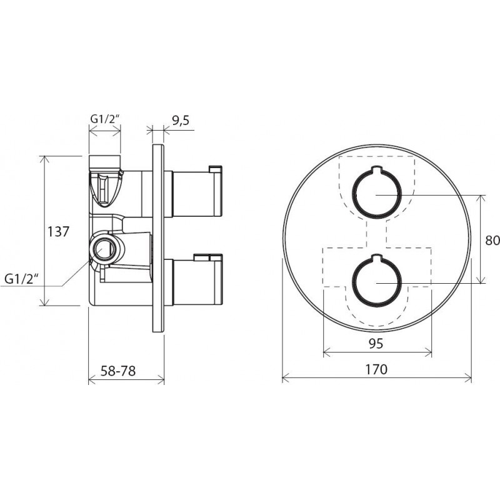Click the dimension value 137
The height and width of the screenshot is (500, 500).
click(58, 231)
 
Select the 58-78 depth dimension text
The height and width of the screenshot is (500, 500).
click(118, 371)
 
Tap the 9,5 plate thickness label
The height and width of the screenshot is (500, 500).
click(181, 121)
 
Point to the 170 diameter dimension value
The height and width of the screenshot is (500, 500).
click(376, 369)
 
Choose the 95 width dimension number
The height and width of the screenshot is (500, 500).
click(376, 344)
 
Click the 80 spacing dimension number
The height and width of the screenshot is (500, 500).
click(492, 241)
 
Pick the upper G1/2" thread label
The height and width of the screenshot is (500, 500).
click(105, 119)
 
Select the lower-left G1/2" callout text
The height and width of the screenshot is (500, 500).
click(22, 279)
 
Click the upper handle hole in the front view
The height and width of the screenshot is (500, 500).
click(376, 192)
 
